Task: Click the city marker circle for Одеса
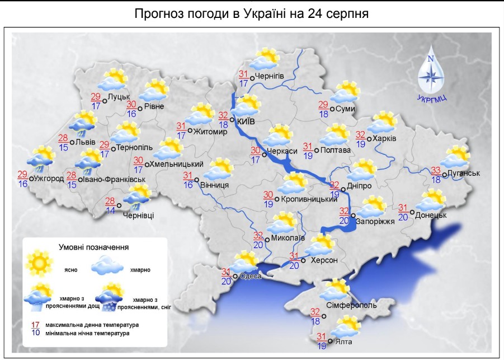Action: [x=235, y=275]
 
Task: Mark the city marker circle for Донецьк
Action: [x=412, y=212]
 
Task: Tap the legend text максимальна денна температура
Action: [x=93, y=325]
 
